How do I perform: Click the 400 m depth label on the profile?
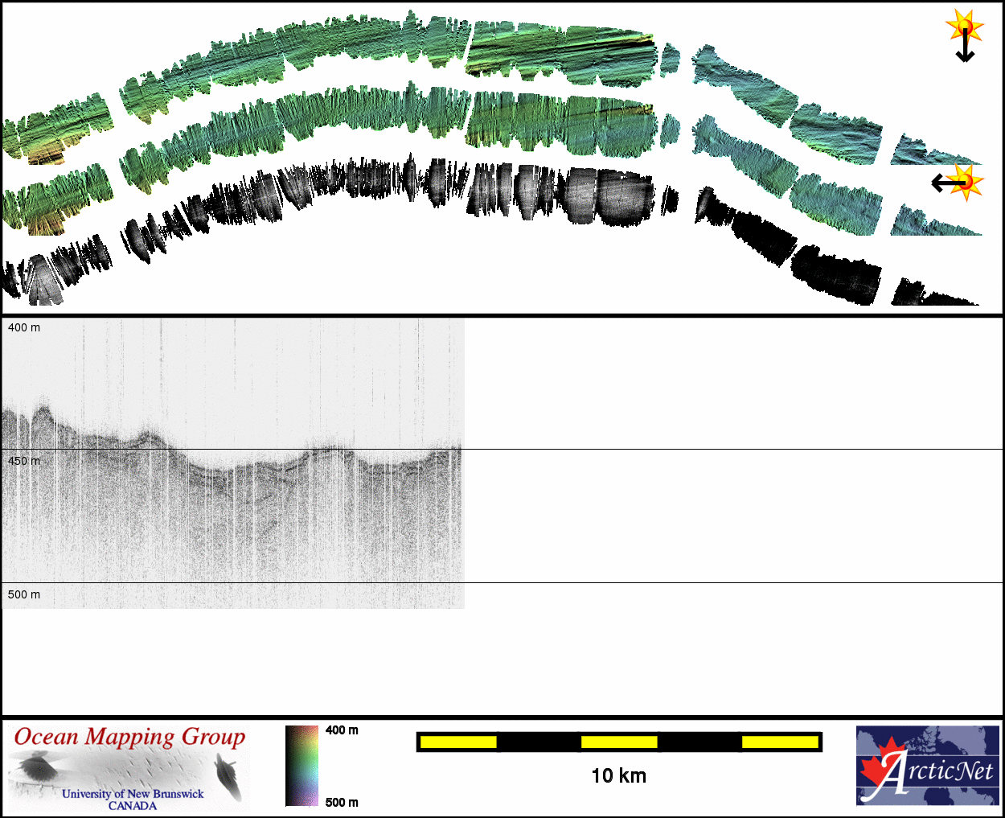coord(24,327)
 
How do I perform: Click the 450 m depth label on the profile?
coord(24,461)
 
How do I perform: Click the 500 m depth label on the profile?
coord(24,594)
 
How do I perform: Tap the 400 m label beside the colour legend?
coord(342,730)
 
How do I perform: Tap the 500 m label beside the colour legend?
coord(342,802)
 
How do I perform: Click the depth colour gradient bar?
coord(302,766)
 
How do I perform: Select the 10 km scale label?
coord(618,776)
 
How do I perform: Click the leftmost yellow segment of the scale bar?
coord(458,742)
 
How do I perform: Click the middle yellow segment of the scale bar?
coord(619,742)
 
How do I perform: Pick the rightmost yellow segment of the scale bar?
coord(780,742)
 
